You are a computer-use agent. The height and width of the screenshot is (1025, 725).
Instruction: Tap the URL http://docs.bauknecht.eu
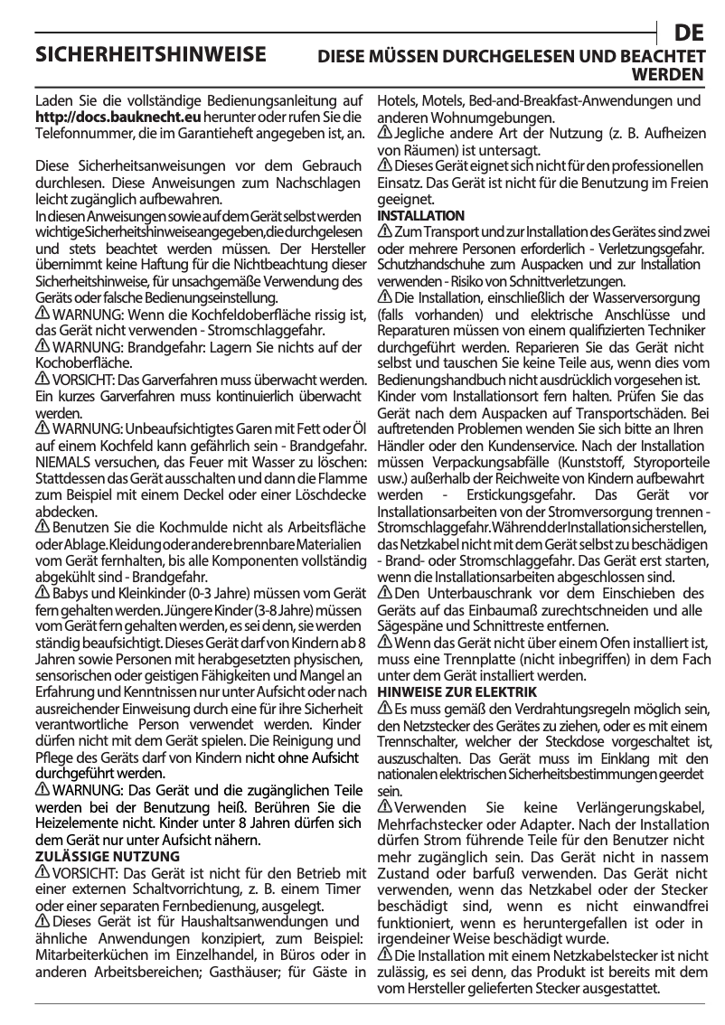click(117, 118)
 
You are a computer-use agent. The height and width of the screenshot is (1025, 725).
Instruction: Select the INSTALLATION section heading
click(420, 216)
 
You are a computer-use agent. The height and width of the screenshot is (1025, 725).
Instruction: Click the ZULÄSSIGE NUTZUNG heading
click(107, 856)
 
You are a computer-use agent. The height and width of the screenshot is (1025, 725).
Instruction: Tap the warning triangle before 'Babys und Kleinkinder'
click(42, 593)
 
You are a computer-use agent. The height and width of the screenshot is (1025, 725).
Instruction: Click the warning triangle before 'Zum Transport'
click(384, 232)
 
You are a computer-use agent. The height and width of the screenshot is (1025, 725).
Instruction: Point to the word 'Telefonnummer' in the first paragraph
click(77, 133)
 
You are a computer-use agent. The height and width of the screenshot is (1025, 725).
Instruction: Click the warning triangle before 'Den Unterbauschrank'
click(384, 593)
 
